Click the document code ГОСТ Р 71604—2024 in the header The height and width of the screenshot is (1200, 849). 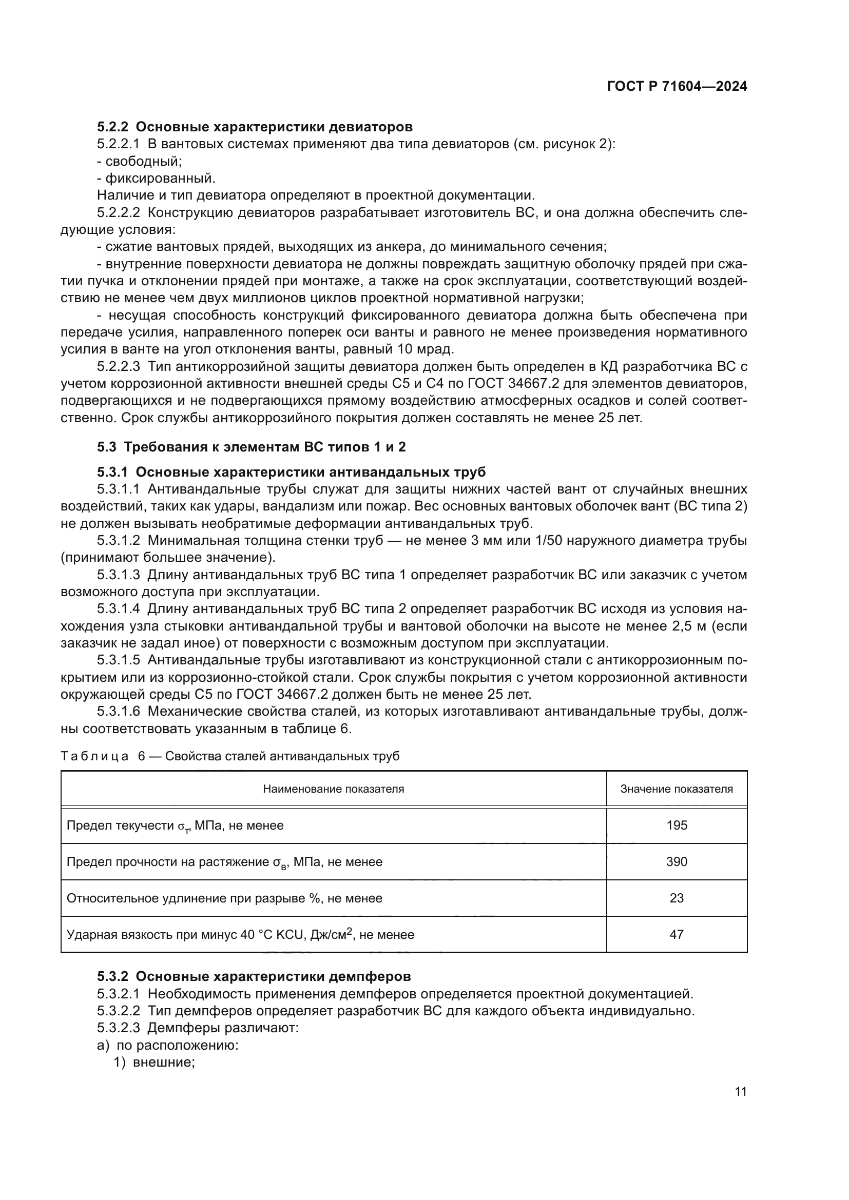pos(677,87)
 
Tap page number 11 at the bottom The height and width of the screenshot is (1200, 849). pos(740,1092)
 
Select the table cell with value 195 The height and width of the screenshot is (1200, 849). pos(677,826)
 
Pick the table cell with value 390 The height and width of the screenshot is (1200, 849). pos(677,862)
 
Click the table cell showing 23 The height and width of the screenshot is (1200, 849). pos(677,898)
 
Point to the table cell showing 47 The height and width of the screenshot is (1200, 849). pos(677,934)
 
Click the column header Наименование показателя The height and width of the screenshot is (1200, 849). pos(334,789)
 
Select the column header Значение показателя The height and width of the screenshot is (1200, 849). pos(677,789)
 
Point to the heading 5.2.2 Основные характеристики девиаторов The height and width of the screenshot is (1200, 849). pos(255,127)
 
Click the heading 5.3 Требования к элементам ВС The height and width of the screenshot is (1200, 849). pos(252,447)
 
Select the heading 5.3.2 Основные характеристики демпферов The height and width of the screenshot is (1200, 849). pos(254,976)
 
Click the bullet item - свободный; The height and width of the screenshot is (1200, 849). pos(140,161)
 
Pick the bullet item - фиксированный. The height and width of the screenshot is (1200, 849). pos(157,178)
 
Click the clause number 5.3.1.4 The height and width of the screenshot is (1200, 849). pos(118,609)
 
